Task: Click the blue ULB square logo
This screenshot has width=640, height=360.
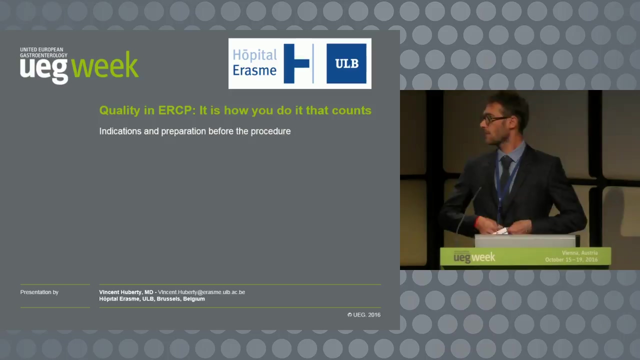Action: click(x=346, y=63)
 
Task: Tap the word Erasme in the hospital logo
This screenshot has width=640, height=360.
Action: click(x=254, y=70)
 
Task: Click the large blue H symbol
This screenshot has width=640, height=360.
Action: click(x=296, y=63)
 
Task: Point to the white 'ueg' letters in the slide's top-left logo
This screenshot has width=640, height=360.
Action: click(x=44, y=70)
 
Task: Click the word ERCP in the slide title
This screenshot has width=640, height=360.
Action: click(x=177, y=110)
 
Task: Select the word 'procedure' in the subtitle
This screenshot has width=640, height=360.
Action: click(x=270, y=131)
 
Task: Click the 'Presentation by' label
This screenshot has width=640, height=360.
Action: click(x=39, y=292)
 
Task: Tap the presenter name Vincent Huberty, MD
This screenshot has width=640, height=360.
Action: click(x=126, y=292)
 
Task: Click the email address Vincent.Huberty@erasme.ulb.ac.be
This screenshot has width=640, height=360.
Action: click(x=201, y=292)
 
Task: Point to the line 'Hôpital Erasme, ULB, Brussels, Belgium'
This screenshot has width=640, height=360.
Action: click(x=152, y=299)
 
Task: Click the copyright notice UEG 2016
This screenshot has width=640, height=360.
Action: click(x=364, y=315)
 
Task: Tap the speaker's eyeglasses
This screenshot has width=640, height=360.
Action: click(x=495, y=119)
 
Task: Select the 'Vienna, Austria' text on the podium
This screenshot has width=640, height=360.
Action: click(x=579, y=253)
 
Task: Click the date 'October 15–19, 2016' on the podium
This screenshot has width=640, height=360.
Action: click(x=571, y=259)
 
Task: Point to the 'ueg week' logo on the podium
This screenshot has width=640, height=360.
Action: click(x=474, y=257)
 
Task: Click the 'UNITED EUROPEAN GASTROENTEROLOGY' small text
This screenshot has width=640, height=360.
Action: click(x=43, y=52)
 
